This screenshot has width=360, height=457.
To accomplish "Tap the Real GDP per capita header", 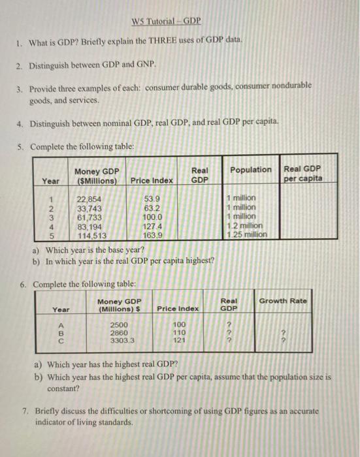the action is click(303, 174).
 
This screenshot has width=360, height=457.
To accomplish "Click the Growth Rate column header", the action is click(282, 301).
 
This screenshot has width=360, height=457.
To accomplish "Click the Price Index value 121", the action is click(178, 340).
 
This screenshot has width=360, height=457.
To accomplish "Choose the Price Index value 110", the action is click(178, 332).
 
